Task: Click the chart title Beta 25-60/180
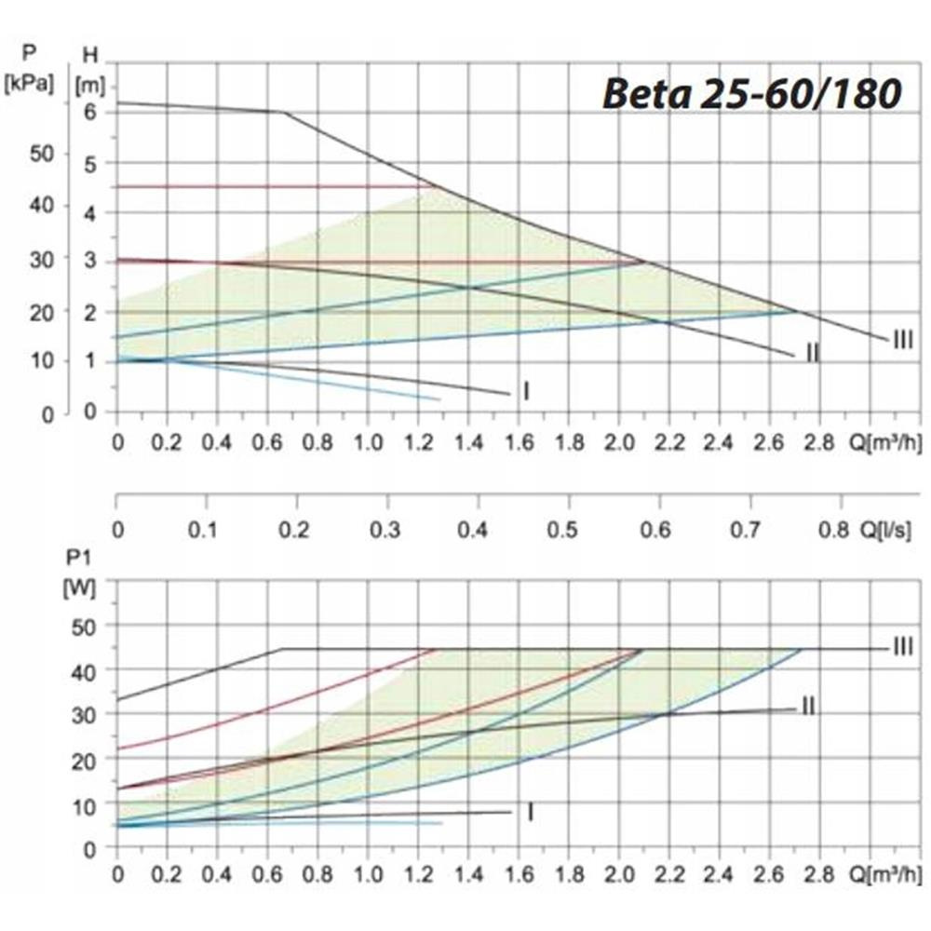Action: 752,94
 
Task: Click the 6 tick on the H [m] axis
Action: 91,112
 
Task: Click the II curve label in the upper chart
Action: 813,354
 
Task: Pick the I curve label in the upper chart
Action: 526,392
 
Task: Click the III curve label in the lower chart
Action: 902,646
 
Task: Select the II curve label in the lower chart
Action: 807,707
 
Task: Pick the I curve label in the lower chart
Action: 530,813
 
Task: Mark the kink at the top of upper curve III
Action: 284,113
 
